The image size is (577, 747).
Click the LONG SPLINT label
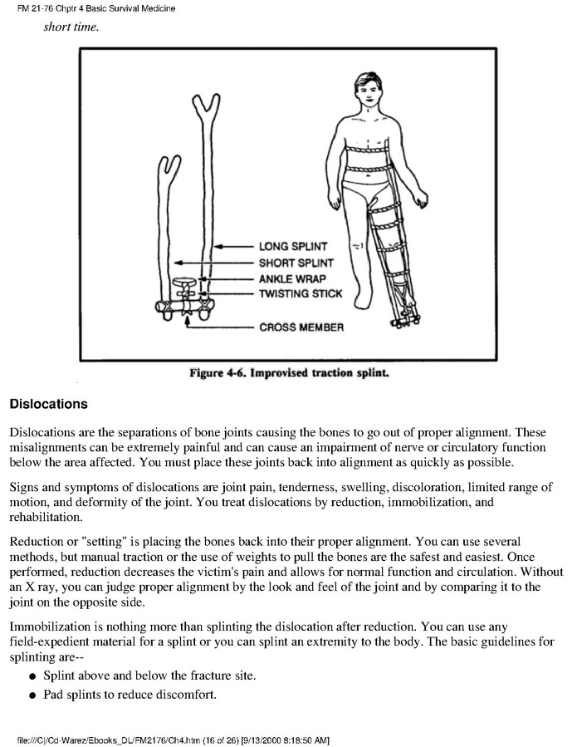293,247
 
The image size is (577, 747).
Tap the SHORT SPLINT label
296,263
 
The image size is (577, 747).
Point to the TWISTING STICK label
301,294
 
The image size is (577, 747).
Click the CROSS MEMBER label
301,327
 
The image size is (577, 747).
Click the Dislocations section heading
48,405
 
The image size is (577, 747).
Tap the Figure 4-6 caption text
288,375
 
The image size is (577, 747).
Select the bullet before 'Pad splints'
31,695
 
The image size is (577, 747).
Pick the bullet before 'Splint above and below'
31,676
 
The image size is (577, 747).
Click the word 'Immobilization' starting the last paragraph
50,623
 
